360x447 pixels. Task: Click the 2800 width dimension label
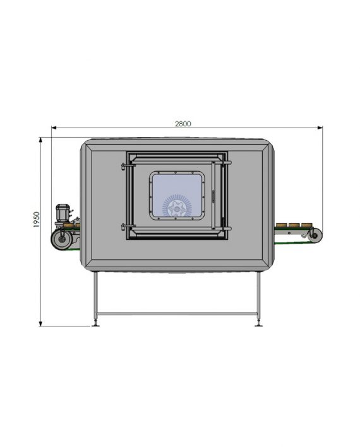[183, 124]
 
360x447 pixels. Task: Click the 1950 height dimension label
[37, 220]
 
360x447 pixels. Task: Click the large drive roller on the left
[61, 239]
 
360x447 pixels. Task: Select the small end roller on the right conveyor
[315, 235]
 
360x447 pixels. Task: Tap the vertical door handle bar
[213, 195]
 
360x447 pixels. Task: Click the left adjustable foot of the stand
[95, 323]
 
